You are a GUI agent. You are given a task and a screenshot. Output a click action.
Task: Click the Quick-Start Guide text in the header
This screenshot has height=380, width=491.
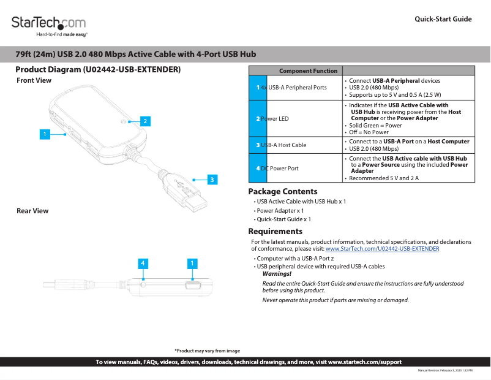click(443, 19)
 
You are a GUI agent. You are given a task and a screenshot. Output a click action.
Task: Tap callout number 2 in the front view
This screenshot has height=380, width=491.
click(144, 121)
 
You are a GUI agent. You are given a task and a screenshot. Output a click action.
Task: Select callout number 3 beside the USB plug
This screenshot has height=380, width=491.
click(211, 180)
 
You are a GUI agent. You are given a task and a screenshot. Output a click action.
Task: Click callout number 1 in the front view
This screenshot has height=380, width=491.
click(44, 133)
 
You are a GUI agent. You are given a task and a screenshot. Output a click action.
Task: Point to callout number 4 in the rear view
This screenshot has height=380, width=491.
click(142, 264)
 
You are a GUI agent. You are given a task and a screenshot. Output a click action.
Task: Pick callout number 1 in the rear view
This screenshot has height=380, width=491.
click(192, 264)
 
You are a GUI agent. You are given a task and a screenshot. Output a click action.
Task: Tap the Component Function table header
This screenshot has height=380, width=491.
click(308, 71)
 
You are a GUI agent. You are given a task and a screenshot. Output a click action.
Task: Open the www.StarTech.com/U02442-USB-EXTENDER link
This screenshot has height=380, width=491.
click(382, 249)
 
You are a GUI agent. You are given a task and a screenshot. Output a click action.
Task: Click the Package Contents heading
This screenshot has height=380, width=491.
click(282, 192)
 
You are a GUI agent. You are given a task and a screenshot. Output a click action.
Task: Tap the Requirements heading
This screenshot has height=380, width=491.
click(275, 231)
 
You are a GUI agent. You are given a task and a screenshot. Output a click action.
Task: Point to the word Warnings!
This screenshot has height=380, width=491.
click(277, 274)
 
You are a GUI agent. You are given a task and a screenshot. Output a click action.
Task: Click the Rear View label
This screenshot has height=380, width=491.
click(32, 211)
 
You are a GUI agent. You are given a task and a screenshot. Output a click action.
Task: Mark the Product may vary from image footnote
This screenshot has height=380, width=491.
click(207, 351)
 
